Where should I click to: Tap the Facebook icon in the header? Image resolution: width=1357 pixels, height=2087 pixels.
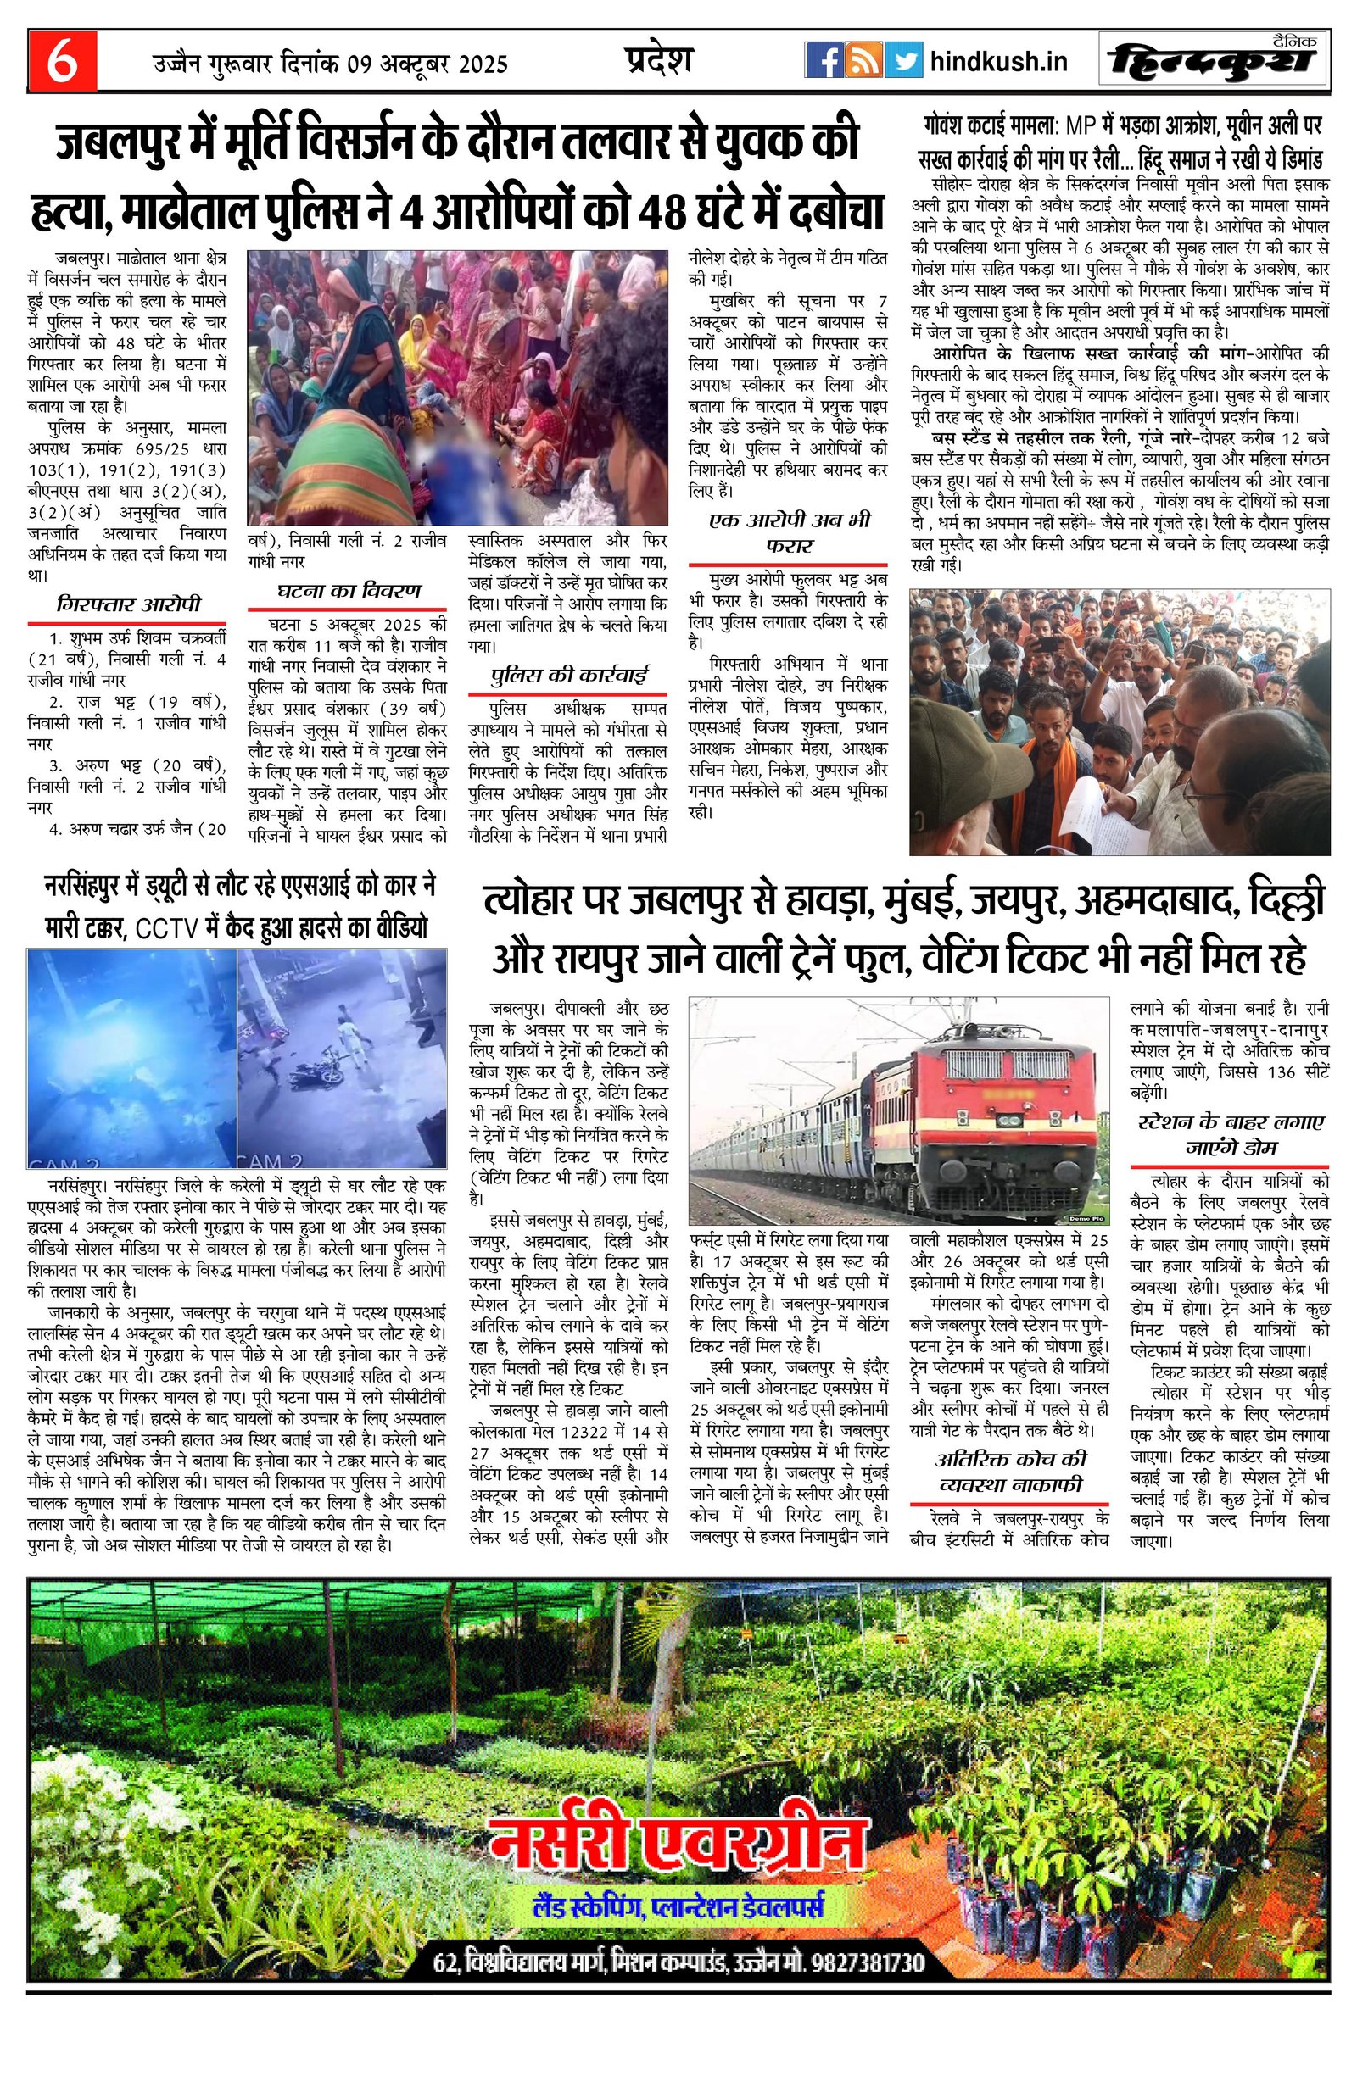pos(824,61)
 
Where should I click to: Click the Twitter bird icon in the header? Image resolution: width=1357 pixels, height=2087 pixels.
pos(902,61)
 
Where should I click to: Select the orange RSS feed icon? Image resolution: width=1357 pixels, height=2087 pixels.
pos(863,61)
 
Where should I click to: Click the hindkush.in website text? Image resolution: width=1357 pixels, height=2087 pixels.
pos(998,62)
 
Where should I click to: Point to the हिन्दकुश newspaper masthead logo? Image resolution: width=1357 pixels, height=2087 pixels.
pos(1214,61)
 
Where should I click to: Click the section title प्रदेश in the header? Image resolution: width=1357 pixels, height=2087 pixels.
pos(658,59)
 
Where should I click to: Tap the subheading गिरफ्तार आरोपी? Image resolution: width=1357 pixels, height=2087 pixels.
pos(128,604)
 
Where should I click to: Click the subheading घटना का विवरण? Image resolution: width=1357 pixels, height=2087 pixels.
pos(349,590)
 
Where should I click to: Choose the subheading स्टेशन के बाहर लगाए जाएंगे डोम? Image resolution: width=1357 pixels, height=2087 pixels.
pos(1231,1135)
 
